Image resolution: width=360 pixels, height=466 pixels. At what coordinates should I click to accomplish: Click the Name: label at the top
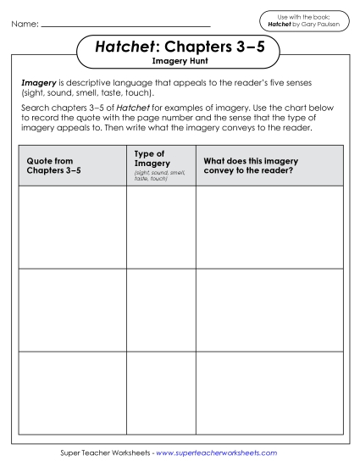point(25,24)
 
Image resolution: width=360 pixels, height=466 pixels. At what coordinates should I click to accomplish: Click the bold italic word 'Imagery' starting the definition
point(38,83)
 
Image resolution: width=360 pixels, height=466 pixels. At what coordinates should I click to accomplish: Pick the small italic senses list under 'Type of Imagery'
point(160,175)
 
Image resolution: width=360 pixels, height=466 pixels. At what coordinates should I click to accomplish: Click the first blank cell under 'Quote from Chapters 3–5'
point(71,226)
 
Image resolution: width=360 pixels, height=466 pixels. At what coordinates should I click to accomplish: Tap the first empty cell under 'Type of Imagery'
point(161,226)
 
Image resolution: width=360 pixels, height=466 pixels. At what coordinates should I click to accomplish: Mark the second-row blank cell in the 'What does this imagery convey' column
point(269,309)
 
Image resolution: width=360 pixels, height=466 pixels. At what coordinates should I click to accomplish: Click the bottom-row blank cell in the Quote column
point(71,391)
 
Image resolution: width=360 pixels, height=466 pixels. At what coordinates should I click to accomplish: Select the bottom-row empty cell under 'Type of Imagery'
point(161,391)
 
